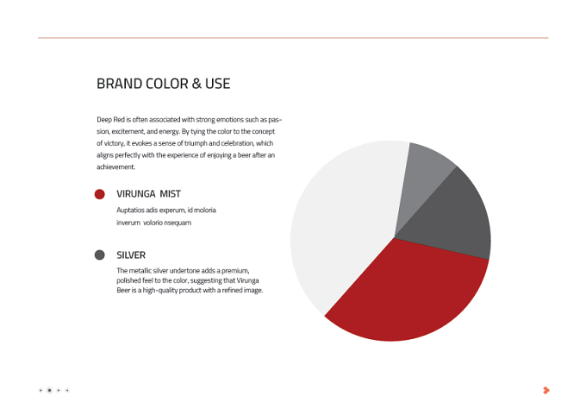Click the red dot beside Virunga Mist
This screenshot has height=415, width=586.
[99, 194]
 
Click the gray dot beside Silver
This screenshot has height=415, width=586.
[99, 255]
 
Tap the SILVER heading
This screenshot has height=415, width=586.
[131, 255]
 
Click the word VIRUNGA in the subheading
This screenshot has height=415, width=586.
[135, 194]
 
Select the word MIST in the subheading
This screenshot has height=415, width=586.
[171, 194]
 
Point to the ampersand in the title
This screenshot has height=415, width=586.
[196, 84]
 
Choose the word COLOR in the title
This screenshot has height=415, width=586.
[167, 84]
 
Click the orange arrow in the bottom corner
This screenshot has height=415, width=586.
[546, 390]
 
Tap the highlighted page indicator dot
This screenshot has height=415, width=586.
[49, 390]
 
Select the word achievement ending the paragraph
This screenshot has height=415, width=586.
[115, 167]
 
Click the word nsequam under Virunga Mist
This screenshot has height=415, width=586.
[178, 223]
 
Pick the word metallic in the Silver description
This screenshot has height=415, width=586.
[140, 271]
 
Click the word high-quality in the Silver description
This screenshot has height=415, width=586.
[162, 291]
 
